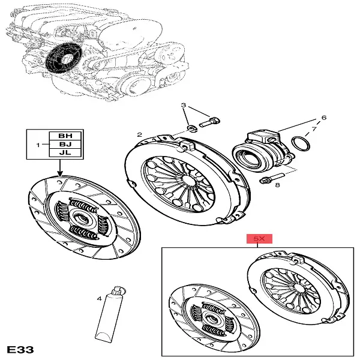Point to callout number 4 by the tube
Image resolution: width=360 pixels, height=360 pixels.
tap(99, 298)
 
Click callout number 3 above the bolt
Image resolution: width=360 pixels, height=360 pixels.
tap(185, 106)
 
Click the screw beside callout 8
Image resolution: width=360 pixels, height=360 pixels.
tap(268, 179)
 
